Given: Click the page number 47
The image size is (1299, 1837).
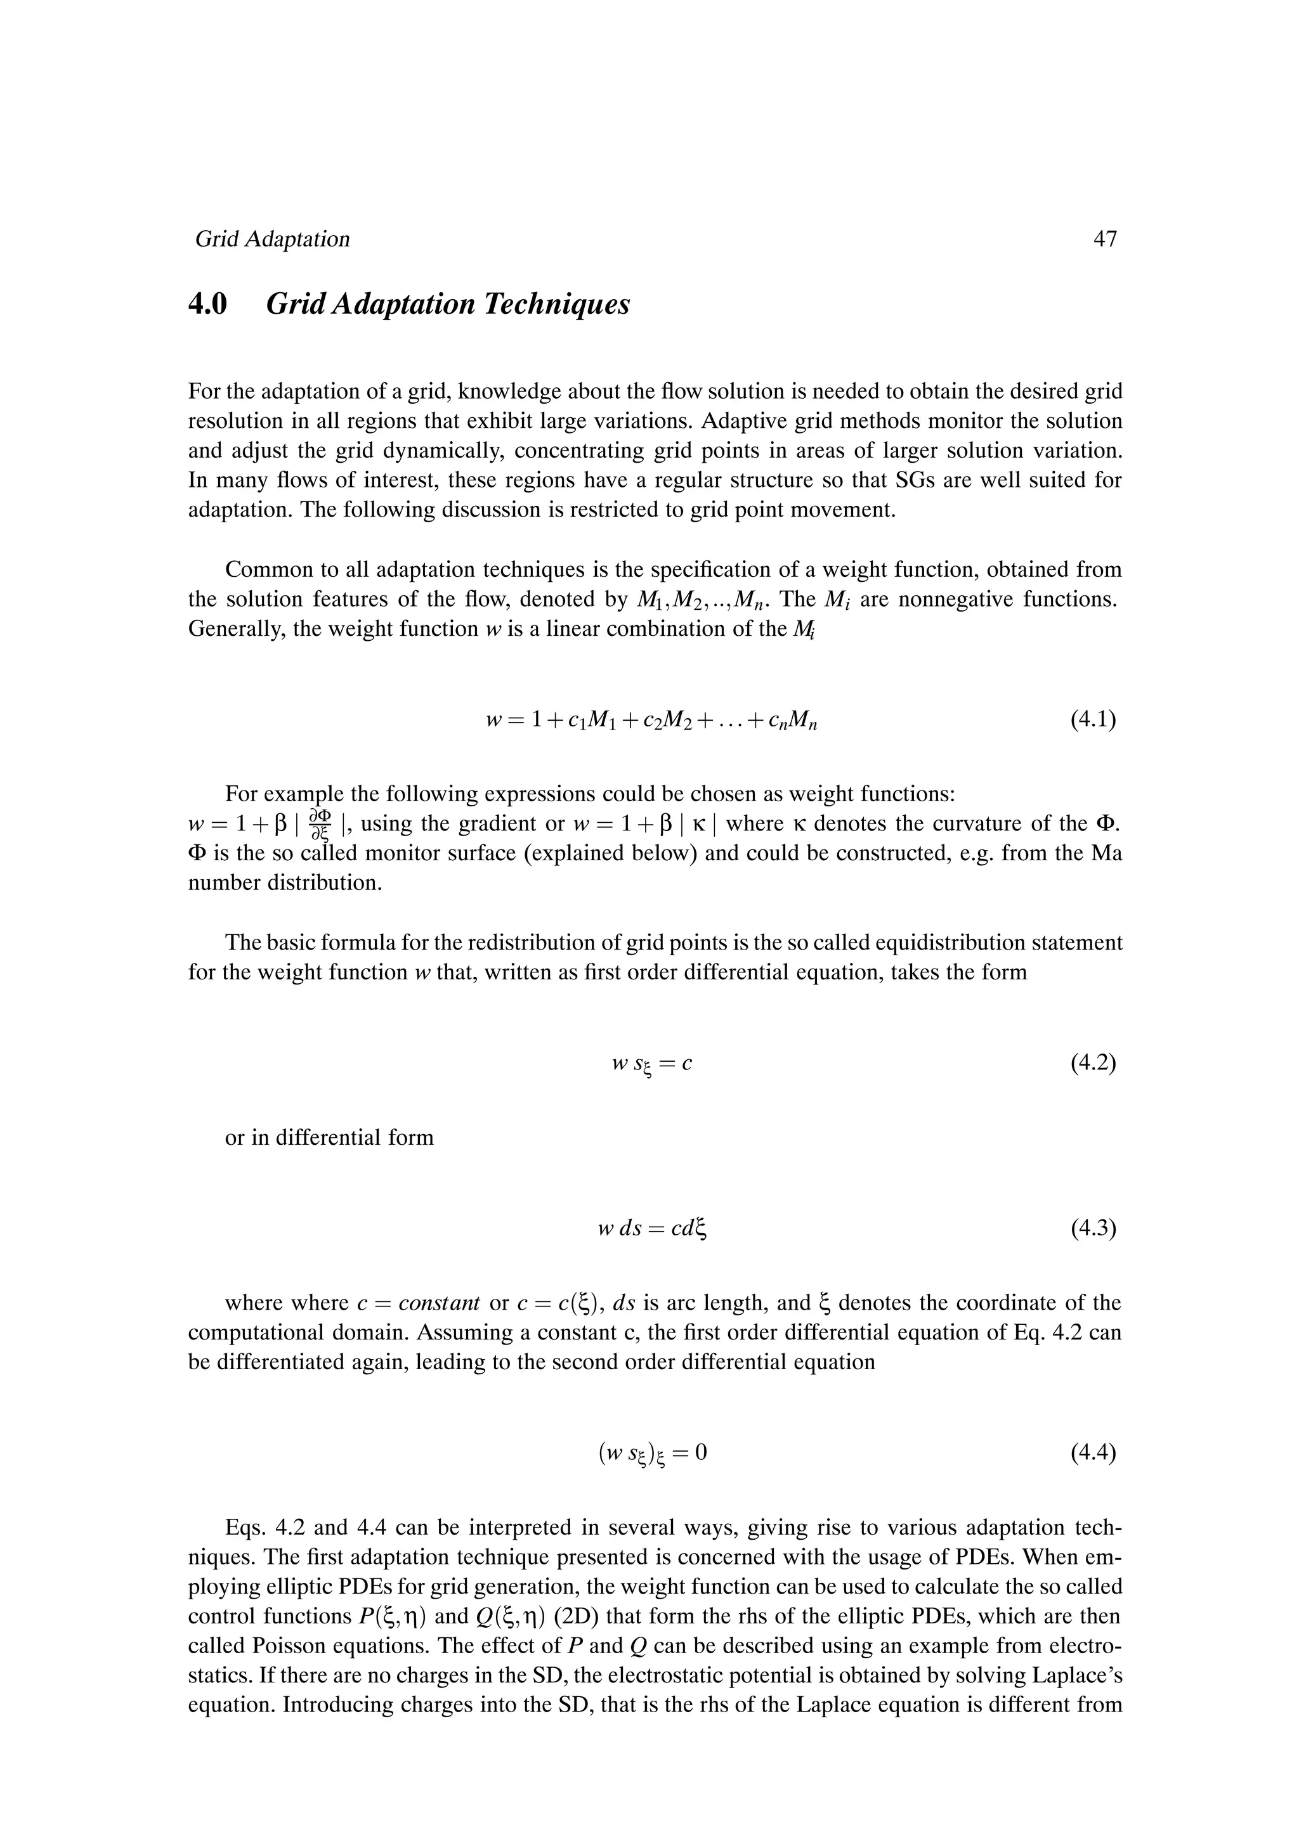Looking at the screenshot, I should coord(1104,239).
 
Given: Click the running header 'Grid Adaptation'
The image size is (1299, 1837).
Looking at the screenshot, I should coord(272,239).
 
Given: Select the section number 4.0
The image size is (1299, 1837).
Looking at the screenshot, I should coord(208,305).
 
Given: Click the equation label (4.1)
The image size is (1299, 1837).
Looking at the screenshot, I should coord(1092,720).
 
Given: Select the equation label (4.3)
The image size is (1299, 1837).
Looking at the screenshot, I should coord(1092,1228).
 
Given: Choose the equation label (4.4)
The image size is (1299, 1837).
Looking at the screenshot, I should coord(1092,1452).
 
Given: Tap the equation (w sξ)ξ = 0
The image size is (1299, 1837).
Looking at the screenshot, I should coord(651,1453).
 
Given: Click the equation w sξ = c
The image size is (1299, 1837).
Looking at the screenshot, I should coord(650,1065).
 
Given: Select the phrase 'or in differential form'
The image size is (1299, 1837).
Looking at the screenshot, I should coord(329,1138).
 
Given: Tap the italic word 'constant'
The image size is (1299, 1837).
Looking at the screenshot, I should coord(440,1303).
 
